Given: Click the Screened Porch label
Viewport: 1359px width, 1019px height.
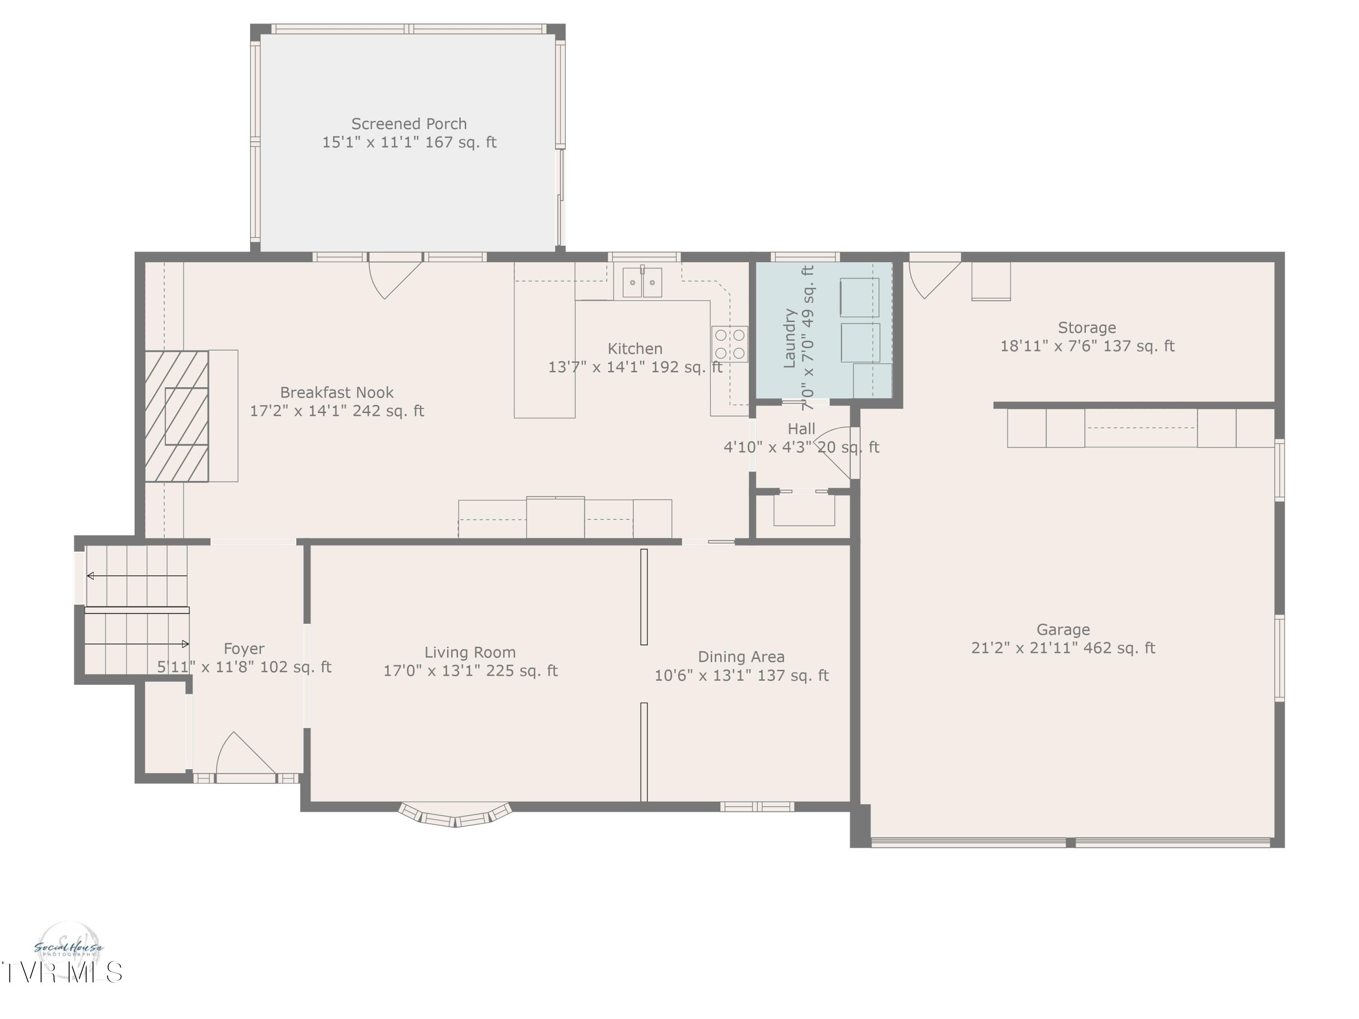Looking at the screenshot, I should tap(409, 124).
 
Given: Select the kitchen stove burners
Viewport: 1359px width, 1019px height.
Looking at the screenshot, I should tap(729, 344).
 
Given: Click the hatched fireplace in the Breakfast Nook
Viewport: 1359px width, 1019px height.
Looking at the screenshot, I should tap(177, 416).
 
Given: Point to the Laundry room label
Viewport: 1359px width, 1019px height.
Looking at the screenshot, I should tap(790, 338).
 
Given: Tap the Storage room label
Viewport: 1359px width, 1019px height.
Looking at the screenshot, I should tap(1086, 327).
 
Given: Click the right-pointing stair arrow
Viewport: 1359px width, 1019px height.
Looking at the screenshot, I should tap(185, 644).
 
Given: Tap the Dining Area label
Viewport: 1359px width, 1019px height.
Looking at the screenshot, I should tap(741, 657).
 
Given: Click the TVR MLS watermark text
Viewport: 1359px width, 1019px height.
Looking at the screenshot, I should tap(62, 973).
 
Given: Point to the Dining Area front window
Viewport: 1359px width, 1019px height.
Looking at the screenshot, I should tap(757, 807).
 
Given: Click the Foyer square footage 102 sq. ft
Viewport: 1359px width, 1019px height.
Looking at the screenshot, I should tap(295, 667).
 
